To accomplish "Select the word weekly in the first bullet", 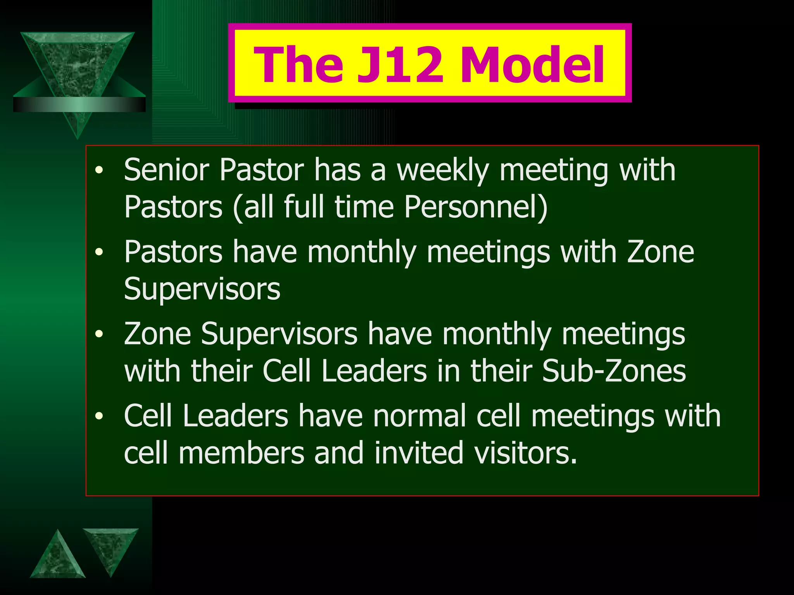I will pyautogui.click(x=442, y=170).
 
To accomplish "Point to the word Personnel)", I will pyautogui.click(x=476, y=207).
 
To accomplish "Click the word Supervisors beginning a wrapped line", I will pyautogui.click(x=202, y=289).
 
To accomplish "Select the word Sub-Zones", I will pyautogui.click(x=614, y=371).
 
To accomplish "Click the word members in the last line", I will pyautogui.click(x=241, y=453).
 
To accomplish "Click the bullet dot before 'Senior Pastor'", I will pyautogui.click(x=100, y=170).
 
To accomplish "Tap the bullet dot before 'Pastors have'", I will pyautogui.click(x=100, y=252).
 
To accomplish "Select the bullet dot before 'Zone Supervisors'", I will pyautogui.click(x=100, y=334).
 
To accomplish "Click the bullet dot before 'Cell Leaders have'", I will pyautogui.click(x=100, y=416).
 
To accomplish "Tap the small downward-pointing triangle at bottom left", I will pyautogui.click(x=110, y=546).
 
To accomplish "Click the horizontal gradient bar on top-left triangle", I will pyautogui.click(x=79, y=104).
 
